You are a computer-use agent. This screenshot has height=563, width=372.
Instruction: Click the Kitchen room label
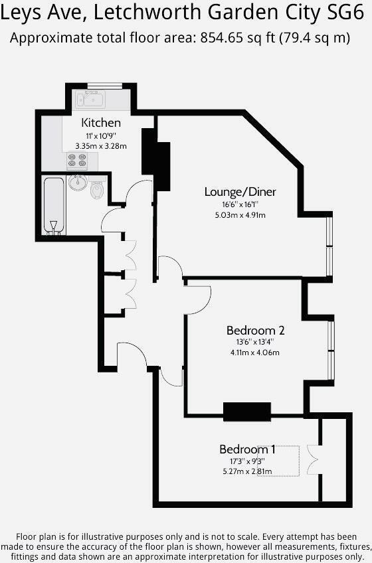click(101, 123)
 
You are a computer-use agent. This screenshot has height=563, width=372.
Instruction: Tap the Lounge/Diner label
click(240, 192)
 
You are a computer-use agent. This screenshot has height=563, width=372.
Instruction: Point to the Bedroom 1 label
click(248, 449)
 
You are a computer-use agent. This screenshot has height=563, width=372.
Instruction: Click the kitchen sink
click(89, 100)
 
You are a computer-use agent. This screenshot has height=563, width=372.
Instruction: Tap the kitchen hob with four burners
click(77, 161)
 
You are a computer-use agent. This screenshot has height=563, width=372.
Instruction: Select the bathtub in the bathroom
click(54, 205)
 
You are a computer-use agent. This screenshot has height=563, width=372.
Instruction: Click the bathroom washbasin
click(78, 182)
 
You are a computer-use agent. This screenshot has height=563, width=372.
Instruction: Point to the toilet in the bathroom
click(98, 190)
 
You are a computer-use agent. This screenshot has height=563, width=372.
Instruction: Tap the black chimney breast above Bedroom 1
click(247, 412)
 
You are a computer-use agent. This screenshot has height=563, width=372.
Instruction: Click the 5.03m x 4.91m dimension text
click(240, 214)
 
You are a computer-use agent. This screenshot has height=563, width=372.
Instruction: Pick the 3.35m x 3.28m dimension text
click(101, 145)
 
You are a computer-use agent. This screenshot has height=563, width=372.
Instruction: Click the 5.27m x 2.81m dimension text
click(248, 472)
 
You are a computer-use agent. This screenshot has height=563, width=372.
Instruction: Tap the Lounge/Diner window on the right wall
click(329, 245)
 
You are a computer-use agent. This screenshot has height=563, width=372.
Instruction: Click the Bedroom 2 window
click(331, 352)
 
